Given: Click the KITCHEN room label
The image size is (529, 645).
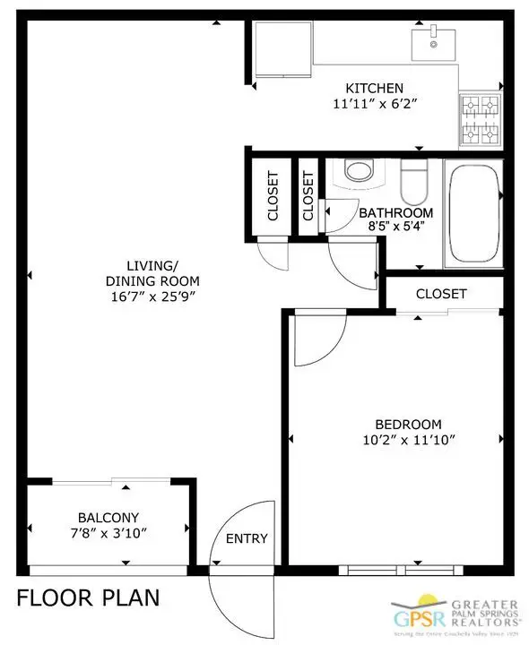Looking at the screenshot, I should [x=375, y=88].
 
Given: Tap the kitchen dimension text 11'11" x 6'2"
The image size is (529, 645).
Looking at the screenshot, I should [x=375, y=103].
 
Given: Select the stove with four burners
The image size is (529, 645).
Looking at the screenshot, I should [x=480, y=122].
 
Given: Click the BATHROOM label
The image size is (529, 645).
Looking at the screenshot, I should [x=395, y=213].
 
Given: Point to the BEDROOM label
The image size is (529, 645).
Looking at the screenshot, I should [x=395, y=424].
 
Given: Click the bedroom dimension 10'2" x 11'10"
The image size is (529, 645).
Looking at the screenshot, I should [x=395, y=439].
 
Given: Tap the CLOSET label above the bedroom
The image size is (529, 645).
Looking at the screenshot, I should [x=440, y=294].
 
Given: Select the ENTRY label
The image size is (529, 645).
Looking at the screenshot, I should [x=246, y=538].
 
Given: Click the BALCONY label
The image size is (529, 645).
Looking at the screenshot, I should [x=108, y=518].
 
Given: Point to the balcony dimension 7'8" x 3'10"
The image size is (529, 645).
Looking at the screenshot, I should [x=108, y=533].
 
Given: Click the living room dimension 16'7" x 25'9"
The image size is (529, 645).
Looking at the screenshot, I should [x=152, y=296].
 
